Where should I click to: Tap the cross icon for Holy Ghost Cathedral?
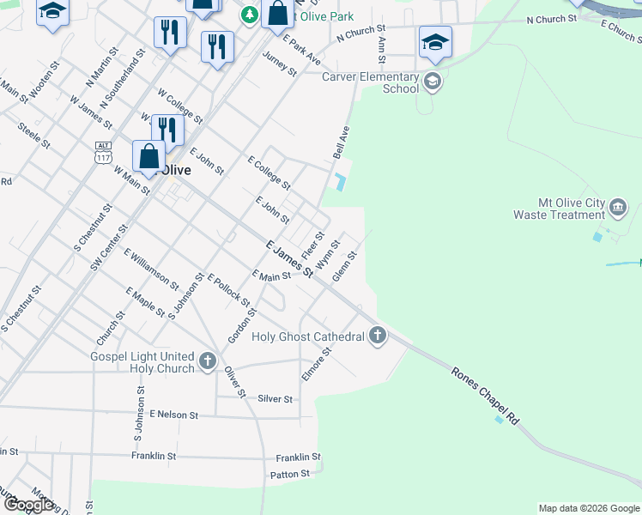pos(378,336)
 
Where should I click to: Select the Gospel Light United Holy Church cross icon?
pos(207,362)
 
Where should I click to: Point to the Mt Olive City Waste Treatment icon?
pos(619,207)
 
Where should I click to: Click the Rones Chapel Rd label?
pos(486,396)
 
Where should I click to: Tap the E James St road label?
pos(288,259)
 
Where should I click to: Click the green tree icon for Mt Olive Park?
pos(249,15)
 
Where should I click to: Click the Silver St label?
pos(275,399)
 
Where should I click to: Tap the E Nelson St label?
pos(173,415)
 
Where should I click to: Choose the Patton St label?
pos(289,474)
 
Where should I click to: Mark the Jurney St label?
pos(280,65)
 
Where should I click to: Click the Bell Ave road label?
pos(342,142)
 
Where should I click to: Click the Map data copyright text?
pos(589,508)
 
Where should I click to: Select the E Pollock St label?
pos(228,291)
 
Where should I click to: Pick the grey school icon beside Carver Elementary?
pos(432,82)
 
